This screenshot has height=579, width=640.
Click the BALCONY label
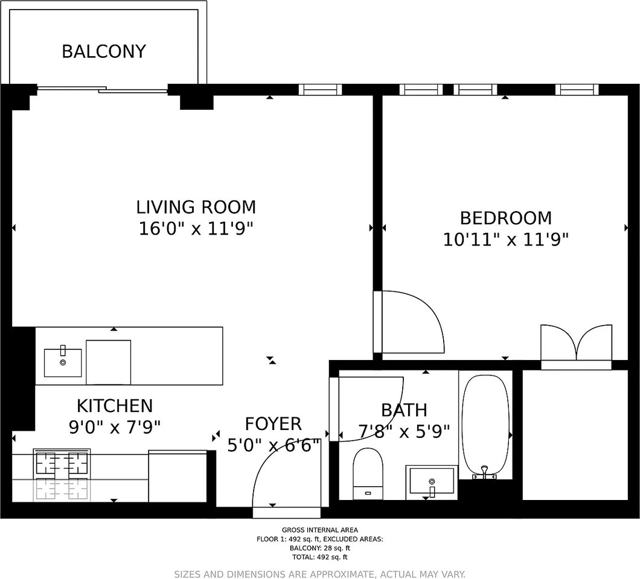(x=104, y=51)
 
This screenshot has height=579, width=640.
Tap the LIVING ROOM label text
(x=196, y=207)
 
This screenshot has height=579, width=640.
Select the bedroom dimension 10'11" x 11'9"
(x=506, y=239)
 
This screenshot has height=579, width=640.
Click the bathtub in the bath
(x=485, y=425)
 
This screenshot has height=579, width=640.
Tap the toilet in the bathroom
(x=368, y=473)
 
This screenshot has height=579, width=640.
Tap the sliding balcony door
(x=103, y=90)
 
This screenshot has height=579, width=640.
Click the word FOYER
(x=273, y=423)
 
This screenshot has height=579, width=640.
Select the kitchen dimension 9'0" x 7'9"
(x=115, y=427)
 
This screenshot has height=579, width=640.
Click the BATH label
(x=404, y=410)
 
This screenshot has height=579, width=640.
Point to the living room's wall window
(x=320, y=90)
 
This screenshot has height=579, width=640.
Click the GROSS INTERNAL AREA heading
(x=320, y=530)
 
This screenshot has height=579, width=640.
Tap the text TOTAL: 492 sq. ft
(x=320, y=557)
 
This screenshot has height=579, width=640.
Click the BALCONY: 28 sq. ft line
(x=320, y=548)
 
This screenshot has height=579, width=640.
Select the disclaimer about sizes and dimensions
(x=320, y=574)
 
